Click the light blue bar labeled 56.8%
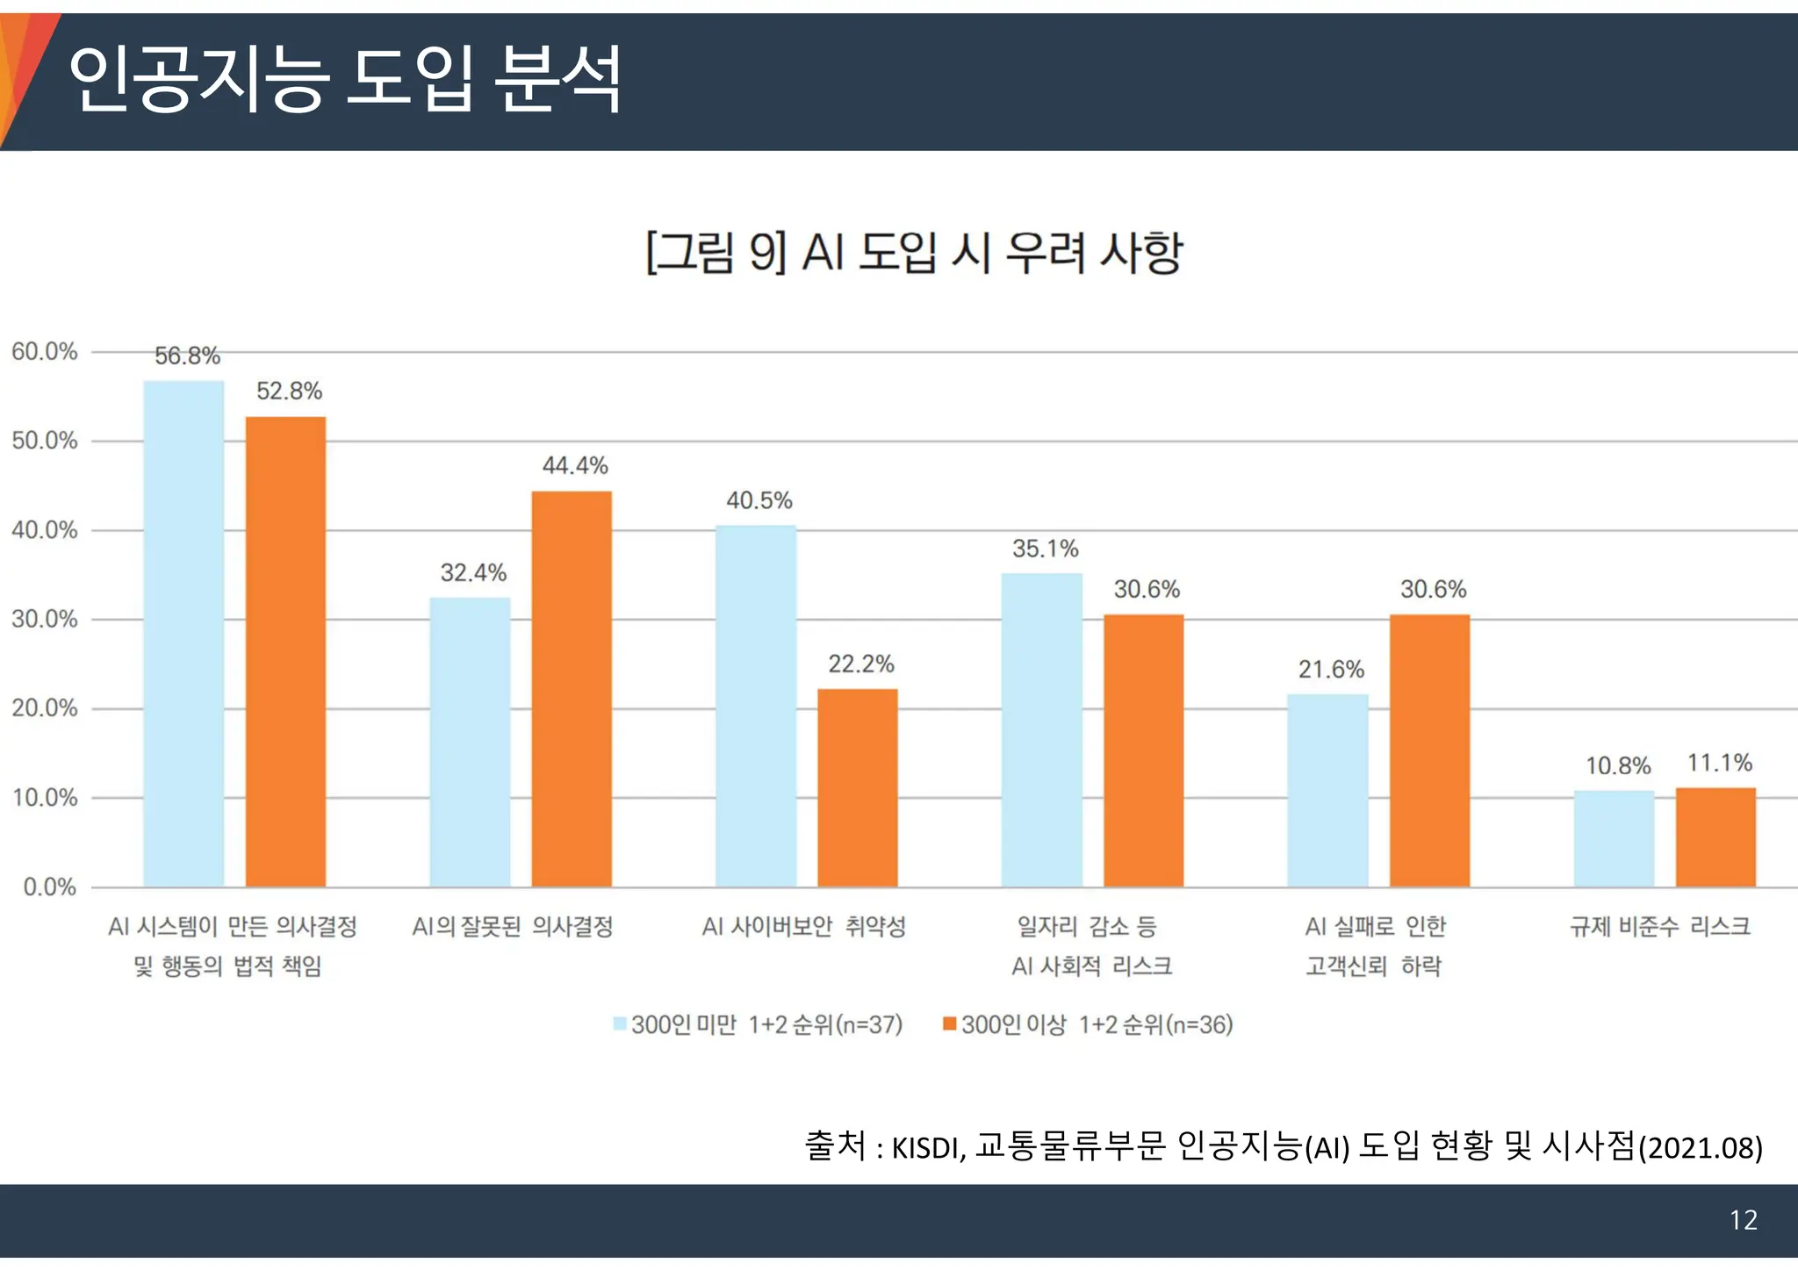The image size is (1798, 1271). click(x=183, y=633)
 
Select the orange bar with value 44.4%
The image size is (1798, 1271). click(x=572, y=688)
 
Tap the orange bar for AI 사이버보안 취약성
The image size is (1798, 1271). click(x=858, y=787)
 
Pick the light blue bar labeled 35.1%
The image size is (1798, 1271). click(x=1042, y=729)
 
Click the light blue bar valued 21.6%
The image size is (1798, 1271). click(x=1327, y=790)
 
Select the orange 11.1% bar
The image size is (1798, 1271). click(x=1715, y=837)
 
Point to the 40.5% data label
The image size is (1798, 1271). click(x=759, y=500)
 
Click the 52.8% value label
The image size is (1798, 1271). click(x=289, y=391)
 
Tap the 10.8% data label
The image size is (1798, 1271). click(x=1618, y=766)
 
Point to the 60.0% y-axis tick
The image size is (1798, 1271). click(x=45, y=352)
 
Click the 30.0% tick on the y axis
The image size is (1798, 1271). click(x=45, y=620)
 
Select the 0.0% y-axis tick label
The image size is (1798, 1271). click(x=50, y=887)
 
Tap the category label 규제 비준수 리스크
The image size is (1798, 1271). click(x=1659, y=927)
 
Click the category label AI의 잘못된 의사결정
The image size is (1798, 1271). click(x=513, y=927)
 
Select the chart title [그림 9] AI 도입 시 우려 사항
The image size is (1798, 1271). click(x=914, y=253)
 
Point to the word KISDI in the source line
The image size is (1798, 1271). click(x=927, y=1148)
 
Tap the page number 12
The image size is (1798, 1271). click(x=1743, y=1220)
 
